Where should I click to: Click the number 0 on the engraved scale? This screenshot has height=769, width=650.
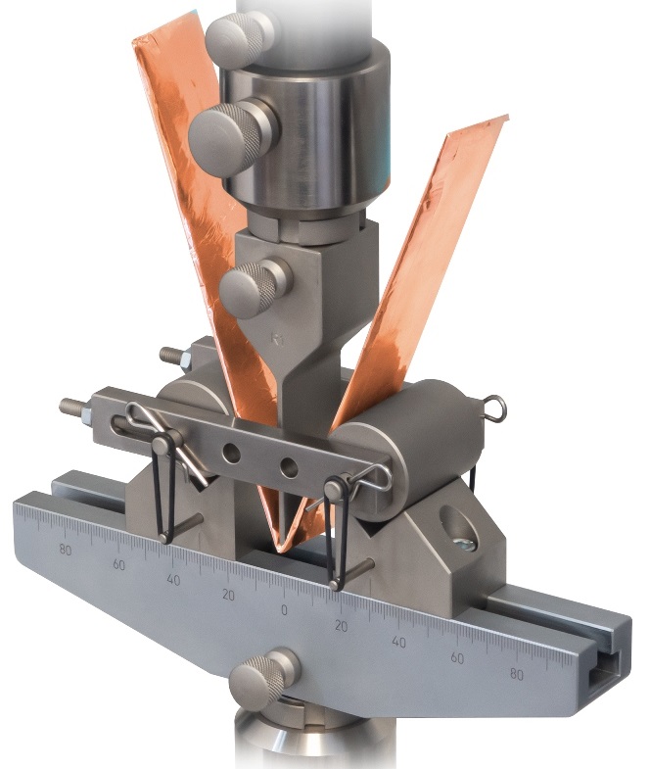pos(285,610)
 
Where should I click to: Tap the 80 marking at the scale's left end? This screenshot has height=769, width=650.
pos(66,549)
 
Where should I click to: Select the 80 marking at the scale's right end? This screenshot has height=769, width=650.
pos(517,674)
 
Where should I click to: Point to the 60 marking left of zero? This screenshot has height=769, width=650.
pos(119,565)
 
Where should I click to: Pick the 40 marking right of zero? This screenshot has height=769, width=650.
pos(398,642)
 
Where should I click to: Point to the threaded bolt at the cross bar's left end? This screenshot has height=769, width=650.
pos(75,405)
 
